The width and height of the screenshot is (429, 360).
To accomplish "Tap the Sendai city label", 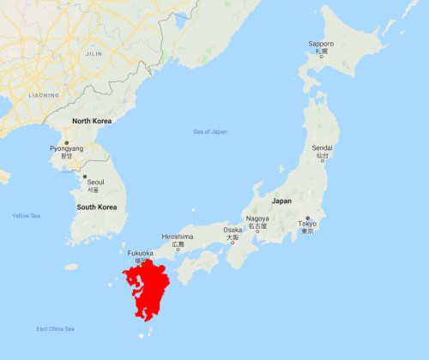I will click(x=322, y=147).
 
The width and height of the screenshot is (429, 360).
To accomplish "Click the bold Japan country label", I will click(x=281, y=201).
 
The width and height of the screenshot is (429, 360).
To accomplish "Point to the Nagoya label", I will click(x=257, y=219).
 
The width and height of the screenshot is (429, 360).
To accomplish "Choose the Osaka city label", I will click(x=233, y=230).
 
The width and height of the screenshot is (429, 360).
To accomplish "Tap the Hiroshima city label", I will click(x=178, y=237).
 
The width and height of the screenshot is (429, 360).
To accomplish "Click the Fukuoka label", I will click(x=140, y=253).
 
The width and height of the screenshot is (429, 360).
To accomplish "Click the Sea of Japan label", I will click(x=210, y=131).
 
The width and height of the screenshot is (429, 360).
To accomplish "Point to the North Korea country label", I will click(x=94, y=121).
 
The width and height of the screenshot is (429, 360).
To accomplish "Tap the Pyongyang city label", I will click(x=67, y=148).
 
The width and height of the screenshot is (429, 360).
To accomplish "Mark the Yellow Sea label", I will click(x=26, y=215).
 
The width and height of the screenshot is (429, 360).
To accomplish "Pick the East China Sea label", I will click(x=55, y=329).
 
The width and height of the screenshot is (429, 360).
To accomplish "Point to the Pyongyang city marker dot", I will click(x=67, y=141).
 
